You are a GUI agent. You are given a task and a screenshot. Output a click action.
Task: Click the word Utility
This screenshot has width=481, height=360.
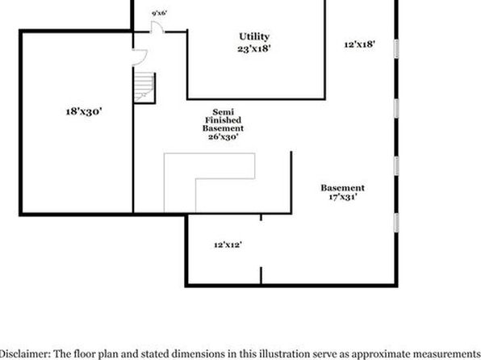(254, 36)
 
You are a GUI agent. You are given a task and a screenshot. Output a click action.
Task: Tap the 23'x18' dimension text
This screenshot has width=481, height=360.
(254, 48)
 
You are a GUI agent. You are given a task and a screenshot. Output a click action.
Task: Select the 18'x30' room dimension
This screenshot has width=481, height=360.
(84, 111)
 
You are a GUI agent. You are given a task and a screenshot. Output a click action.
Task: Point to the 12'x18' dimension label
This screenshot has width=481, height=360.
(359, 44)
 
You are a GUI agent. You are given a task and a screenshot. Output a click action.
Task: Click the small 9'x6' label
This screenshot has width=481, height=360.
(160, 13)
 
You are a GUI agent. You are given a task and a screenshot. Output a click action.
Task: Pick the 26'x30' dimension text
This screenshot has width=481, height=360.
(223, 136)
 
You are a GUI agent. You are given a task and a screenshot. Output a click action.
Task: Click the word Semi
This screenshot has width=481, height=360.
(223, 111)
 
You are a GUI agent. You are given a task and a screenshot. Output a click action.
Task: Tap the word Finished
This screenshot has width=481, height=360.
(223, 120)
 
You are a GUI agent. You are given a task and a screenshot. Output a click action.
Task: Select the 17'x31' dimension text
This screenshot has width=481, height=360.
(343, 197)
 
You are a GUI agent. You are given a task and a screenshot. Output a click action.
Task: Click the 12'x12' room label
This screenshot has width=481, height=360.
(228, 245)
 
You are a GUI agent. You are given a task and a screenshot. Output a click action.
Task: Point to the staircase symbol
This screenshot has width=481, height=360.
(144, 88)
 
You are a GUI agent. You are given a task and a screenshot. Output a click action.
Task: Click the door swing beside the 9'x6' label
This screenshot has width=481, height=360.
(157, 27)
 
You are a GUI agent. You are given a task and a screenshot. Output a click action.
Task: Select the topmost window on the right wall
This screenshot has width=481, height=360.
(396, 48)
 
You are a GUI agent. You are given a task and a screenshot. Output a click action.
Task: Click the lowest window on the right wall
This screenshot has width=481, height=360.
(396, 223)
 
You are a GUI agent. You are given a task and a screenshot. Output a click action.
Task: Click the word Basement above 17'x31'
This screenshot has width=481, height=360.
(343, 188)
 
